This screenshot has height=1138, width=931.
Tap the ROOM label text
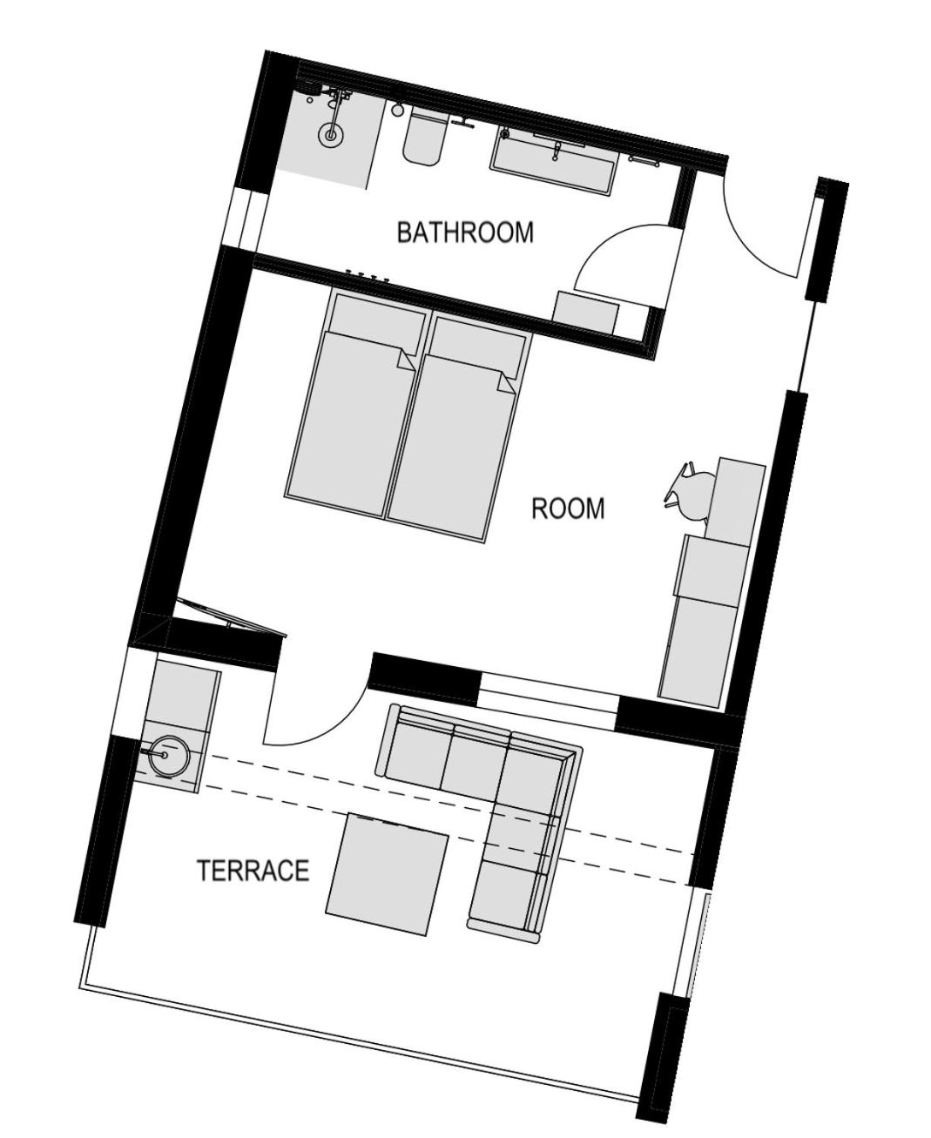tap(568, 508)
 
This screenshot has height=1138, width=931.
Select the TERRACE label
tap(253, 871)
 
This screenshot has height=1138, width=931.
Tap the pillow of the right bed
tap(477, 347)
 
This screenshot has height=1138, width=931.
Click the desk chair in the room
tap(691, 492)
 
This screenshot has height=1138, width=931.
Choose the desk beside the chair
tap(734, 498)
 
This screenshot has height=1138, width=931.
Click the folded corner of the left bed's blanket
tap(407, 360)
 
